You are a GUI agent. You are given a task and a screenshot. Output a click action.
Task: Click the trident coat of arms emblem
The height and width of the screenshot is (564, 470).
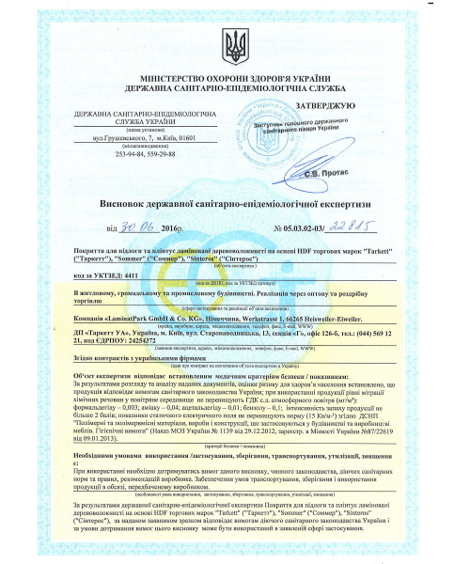coord(234,42)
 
